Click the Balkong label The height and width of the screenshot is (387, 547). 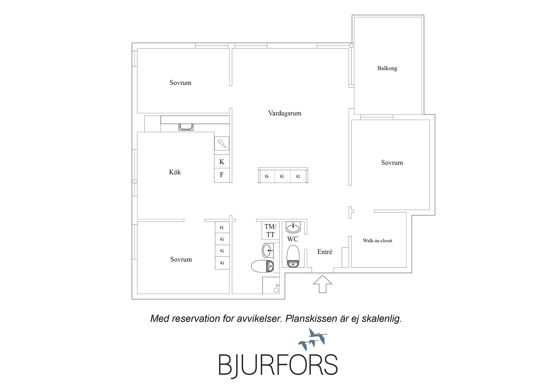pyautogui.click(x=387, y=68)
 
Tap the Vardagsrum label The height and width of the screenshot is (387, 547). pyautogui.click(x=285, y=113)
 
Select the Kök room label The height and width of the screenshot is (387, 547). pyautogui.click(x=175, y=172)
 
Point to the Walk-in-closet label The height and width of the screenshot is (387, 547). pyautogui.click(x=377, y=241)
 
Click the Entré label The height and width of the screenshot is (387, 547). pyautogui.click(x=324, y=252)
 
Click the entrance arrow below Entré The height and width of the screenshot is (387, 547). pyautogui.click(x=323, y=284)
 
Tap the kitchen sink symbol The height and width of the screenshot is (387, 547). pyautogui.click(x=186, y=127)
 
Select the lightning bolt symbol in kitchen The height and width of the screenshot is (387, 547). pyautogui.click(x=222, y=143)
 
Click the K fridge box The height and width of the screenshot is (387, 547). pyautogui.click(x=222, y=162)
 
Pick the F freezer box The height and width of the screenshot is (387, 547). pyautogui.click(x=222, y=175)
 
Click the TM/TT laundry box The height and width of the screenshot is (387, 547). pyautogui.click(x=270, y=230)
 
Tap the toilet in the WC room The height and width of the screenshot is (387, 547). pyautogui.click(x=293, y=256)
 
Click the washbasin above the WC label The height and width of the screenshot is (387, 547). pyautogui.click(x=293, y=227)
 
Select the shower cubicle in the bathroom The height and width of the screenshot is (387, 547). pyautogui.click(x=271, y=285)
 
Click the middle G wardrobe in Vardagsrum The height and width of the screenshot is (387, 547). pyautogui.click(x=282, y=176)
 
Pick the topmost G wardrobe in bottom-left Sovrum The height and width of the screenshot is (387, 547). pyautogui.click(x=222, y=228)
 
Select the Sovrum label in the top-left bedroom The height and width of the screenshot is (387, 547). pyautogui.click(x=180, y=83)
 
